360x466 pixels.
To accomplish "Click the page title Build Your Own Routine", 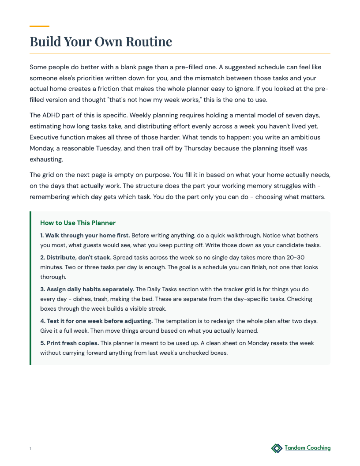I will tap(101, 41).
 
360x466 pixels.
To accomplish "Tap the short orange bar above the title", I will tap(39, 26).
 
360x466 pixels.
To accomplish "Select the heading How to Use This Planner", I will tap(78, 223).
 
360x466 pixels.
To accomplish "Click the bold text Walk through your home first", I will tap(87, 236).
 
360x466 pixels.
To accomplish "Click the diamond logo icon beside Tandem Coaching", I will tap(277, 448).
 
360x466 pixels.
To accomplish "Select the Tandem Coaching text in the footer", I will tap(307, 448).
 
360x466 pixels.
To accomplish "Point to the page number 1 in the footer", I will tap(30, 449).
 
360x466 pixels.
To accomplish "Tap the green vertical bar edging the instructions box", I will tap(30, 288).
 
